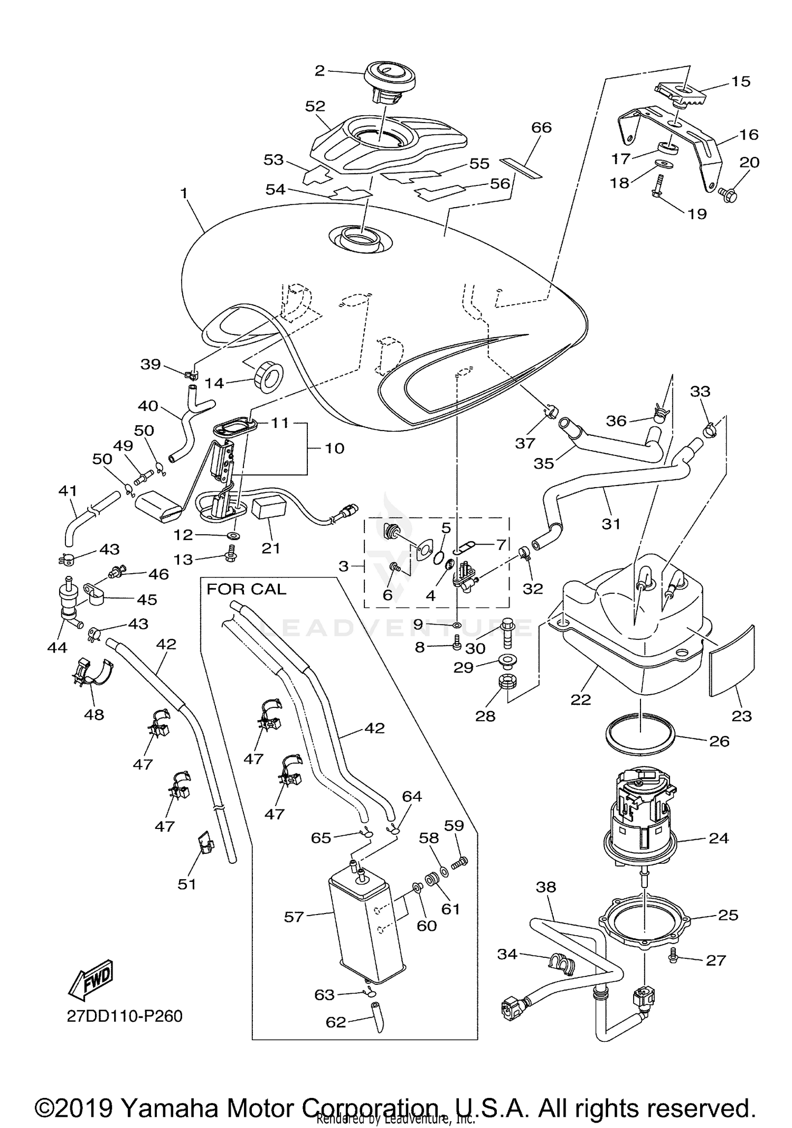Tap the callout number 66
coord(541,127)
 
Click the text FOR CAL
coord(246,589)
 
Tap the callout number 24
coord(719,838)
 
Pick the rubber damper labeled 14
coord(269,376)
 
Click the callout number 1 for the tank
coord(184,193)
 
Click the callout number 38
coord(546,887)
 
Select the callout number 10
coord(334,448)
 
